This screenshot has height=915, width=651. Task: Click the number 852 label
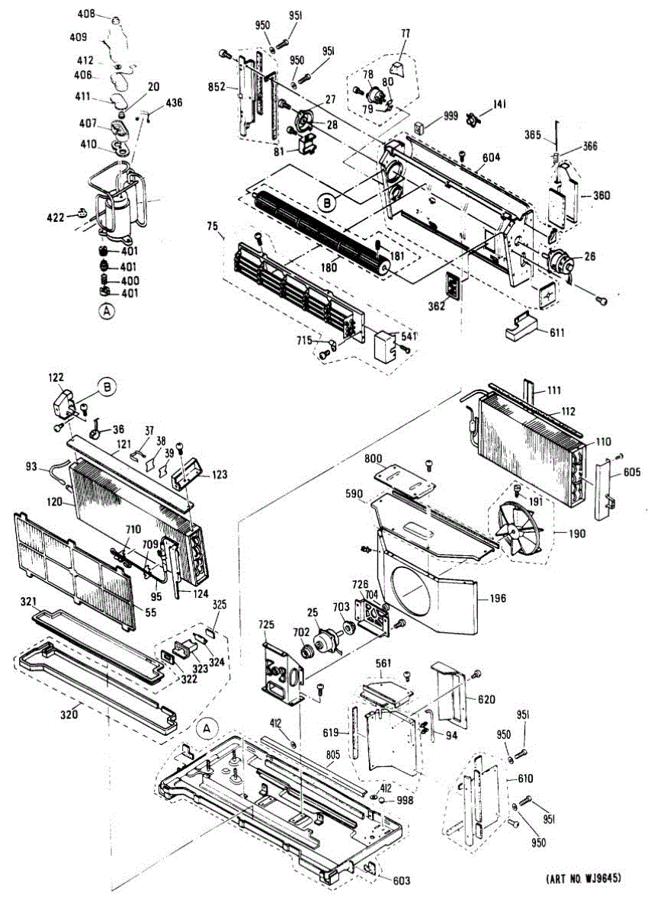coord(217,88)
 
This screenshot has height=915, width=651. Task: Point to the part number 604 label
coord(491,159)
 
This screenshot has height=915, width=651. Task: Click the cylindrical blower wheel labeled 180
coord(320,229)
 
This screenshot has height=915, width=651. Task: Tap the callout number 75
coord(213,226)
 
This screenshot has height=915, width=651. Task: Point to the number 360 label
coord(602,195)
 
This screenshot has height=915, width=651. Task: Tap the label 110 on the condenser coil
coord(604,441)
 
